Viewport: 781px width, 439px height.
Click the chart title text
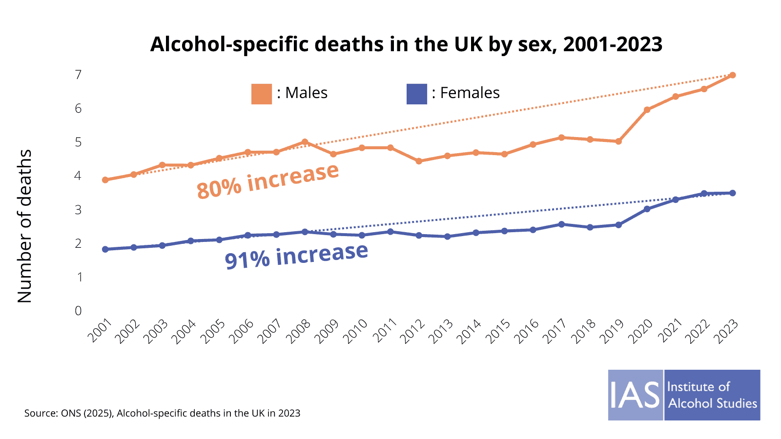[x=406, y=44]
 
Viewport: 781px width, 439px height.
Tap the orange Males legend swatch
[x=262, y=94]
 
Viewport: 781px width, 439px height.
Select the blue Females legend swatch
[x=416, y=94]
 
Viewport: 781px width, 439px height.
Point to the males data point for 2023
[x=732, y=75]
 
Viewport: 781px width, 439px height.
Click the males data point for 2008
[x=305, y=142]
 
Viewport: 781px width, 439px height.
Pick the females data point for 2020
[x=647, y=209]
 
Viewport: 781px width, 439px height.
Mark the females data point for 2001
[x=105, y=249]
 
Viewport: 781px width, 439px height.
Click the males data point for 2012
[x=419, y=161]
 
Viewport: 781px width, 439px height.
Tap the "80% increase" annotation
[x=267, y=180]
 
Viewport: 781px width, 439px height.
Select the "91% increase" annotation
[x=296, y=256]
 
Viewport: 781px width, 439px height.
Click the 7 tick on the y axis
[x=78, y=75]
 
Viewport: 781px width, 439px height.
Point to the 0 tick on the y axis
[x=78, y=311]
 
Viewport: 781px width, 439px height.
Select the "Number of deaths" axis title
[x=24, y=226]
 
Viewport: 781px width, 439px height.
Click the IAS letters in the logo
[x=635, y=395]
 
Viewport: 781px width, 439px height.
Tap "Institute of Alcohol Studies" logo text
[x=712, y=395]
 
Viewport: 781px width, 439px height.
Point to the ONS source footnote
[x=162, y=413]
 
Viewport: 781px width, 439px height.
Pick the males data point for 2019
[x=618, y=141]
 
